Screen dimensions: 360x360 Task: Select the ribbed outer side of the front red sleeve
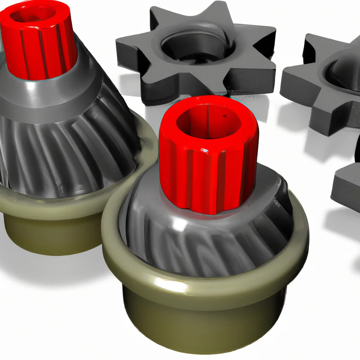(207, 176)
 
